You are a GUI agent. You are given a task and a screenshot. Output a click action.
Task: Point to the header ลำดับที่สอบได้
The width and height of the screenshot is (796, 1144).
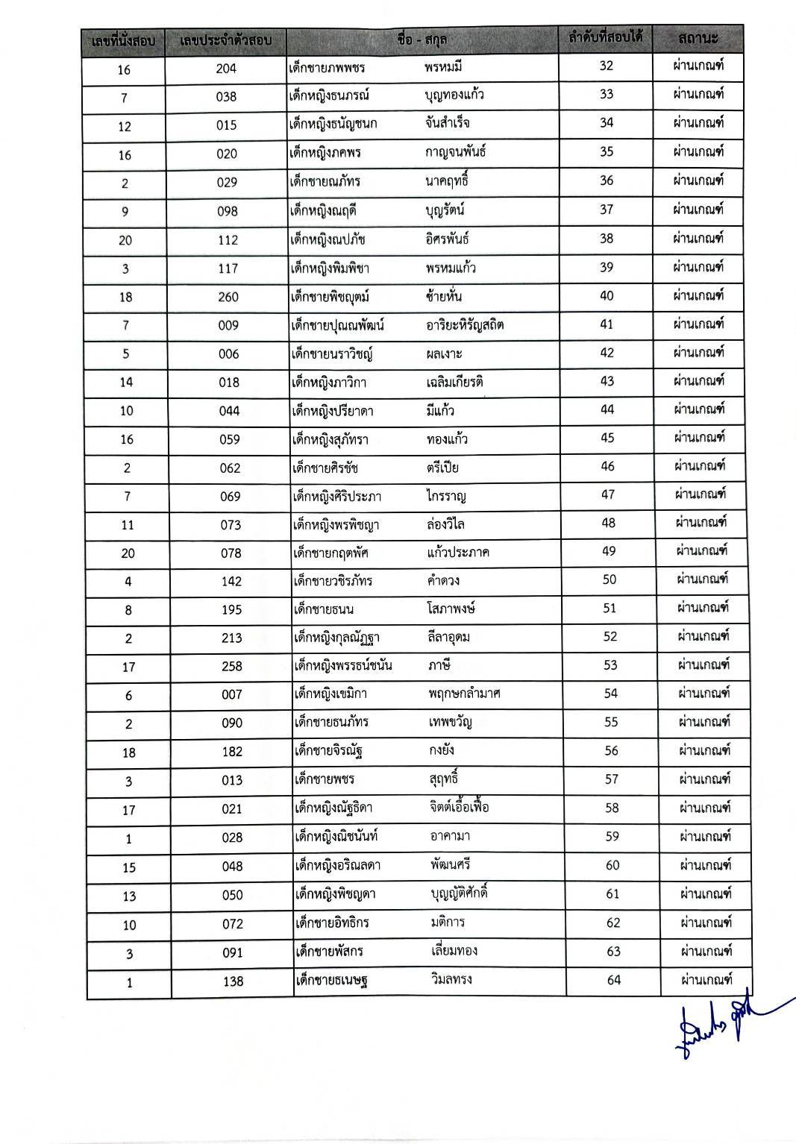[x=606, y=36]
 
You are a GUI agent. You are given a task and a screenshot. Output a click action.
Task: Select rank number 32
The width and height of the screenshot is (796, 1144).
[x=606, y=66]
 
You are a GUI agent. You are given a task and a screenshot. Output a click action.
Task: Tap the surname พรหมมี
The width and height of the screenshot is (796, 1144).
[x=443, y=68]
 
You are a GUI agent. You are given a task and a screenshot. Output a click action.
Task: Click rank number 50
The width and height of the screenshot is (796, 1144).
[x=609, y=579]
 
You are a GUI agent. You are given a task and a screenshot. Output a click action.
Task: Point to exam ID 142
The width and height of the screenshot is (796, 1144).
[x=231, y=582]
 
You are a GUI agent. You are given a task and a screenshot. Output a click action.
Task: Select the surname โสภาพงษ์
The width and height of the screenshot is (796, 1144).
[x=447, y=609]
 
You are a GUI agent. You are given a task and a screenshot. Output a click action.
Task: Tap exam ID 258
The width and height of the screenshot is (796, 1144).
[x=232, y=666]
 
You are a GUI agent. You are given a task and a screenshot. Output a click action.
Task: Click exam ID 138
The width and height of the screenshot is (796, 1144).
[x=234, y=981]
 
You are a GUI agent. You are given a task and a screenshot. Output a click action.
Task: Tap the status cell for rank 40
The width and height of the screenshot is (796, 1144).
[x=698, y=296]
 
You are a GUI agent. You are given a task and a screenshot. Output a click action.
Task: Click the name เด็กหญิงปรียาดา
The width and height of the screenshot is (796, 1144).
[x=333, y=411]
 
